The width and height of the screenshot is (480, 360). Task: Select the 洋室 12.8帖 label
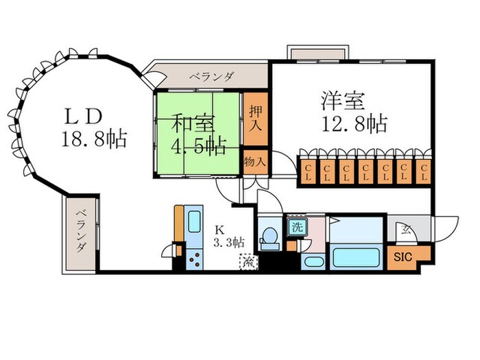pyautogui.click(x=353, y=113)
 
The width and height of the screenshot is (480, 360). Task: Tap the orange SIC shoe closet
pyautogui.click(x=403, y=258)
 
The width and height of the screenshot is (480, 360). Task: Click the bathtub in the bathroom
pyautogui.click(x=355, y=258)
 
